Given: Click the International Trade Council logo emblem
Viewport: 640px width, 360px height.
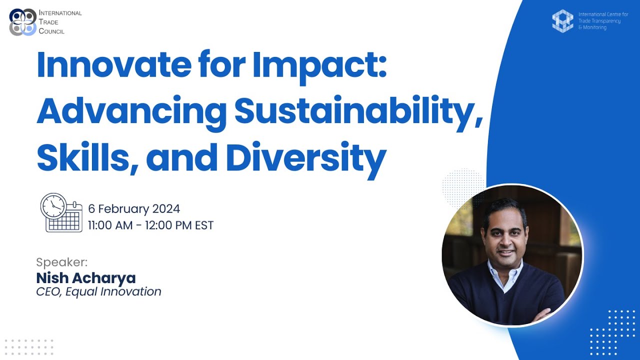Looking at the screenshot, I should point(23,22).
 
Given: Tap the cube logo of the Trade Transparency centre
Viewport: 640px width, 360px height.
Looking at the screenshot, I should point(562,21).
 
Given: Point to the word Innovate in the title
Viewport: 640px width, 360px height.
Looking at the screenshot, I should point(112,65).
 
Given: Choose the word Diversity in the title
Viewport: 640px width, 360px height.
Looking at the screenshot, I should point(305,157).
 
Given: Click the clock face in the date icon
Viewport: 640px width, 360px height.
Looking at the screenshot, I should point(53,206).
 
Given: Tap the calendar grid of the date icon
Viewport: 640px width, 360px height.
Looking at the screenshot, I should point(64,220).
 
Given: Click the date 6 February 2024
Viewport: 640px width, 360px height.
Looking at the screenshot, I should point(134,208).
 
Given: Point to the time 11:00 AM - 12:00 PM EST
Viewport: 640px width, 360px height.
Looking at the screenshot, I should point(150,225).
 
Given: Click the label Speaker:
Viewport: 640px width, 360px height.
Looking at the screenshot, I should point(61,262).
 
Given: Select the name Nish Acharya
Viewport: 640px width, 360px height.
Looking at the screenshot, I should point(86,278).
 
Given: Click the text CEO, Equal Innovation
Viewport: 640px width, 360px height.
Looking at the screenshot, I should point(98,291).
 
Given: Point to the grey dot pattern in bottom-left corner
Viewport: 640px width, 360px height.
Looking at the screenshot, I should point(29,346).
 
